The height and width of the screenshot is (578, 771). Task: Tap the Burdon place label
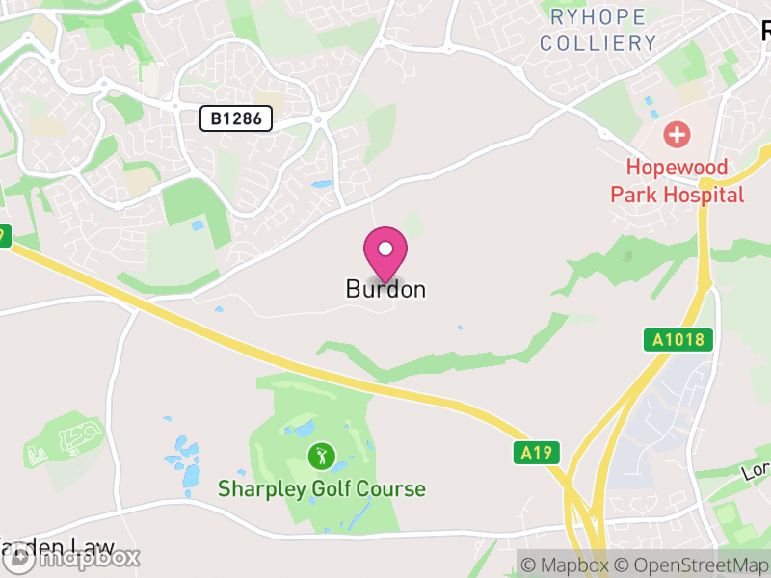pyautogui.click(x=385, y=289)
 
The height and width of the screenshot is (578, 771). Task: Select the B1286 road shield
pyautogui.click(x=236, y=118)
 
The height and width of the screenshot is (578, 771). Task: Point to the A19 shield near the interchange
pyautogui.click(x=536, y=452)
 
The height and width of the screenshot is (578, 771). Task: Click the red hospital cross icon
pyautogui.click(x=677, y=134)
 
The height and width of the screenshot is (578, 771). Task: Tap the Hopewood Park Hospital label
pyautogui.click(x=678, y=180)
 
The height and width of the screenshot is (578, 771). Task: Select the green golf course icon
pyautogui.click(x=320, y=454)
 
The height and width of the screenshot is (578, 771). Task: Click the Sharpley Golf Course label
pyautogui.click(x=321, y=489)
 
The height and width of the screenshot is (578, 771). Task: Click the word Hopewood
pyautogui.click(x=678, y=166)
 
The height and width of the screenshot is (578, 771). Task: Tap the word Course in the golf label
pyautogui.click(x=390, y=489)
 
